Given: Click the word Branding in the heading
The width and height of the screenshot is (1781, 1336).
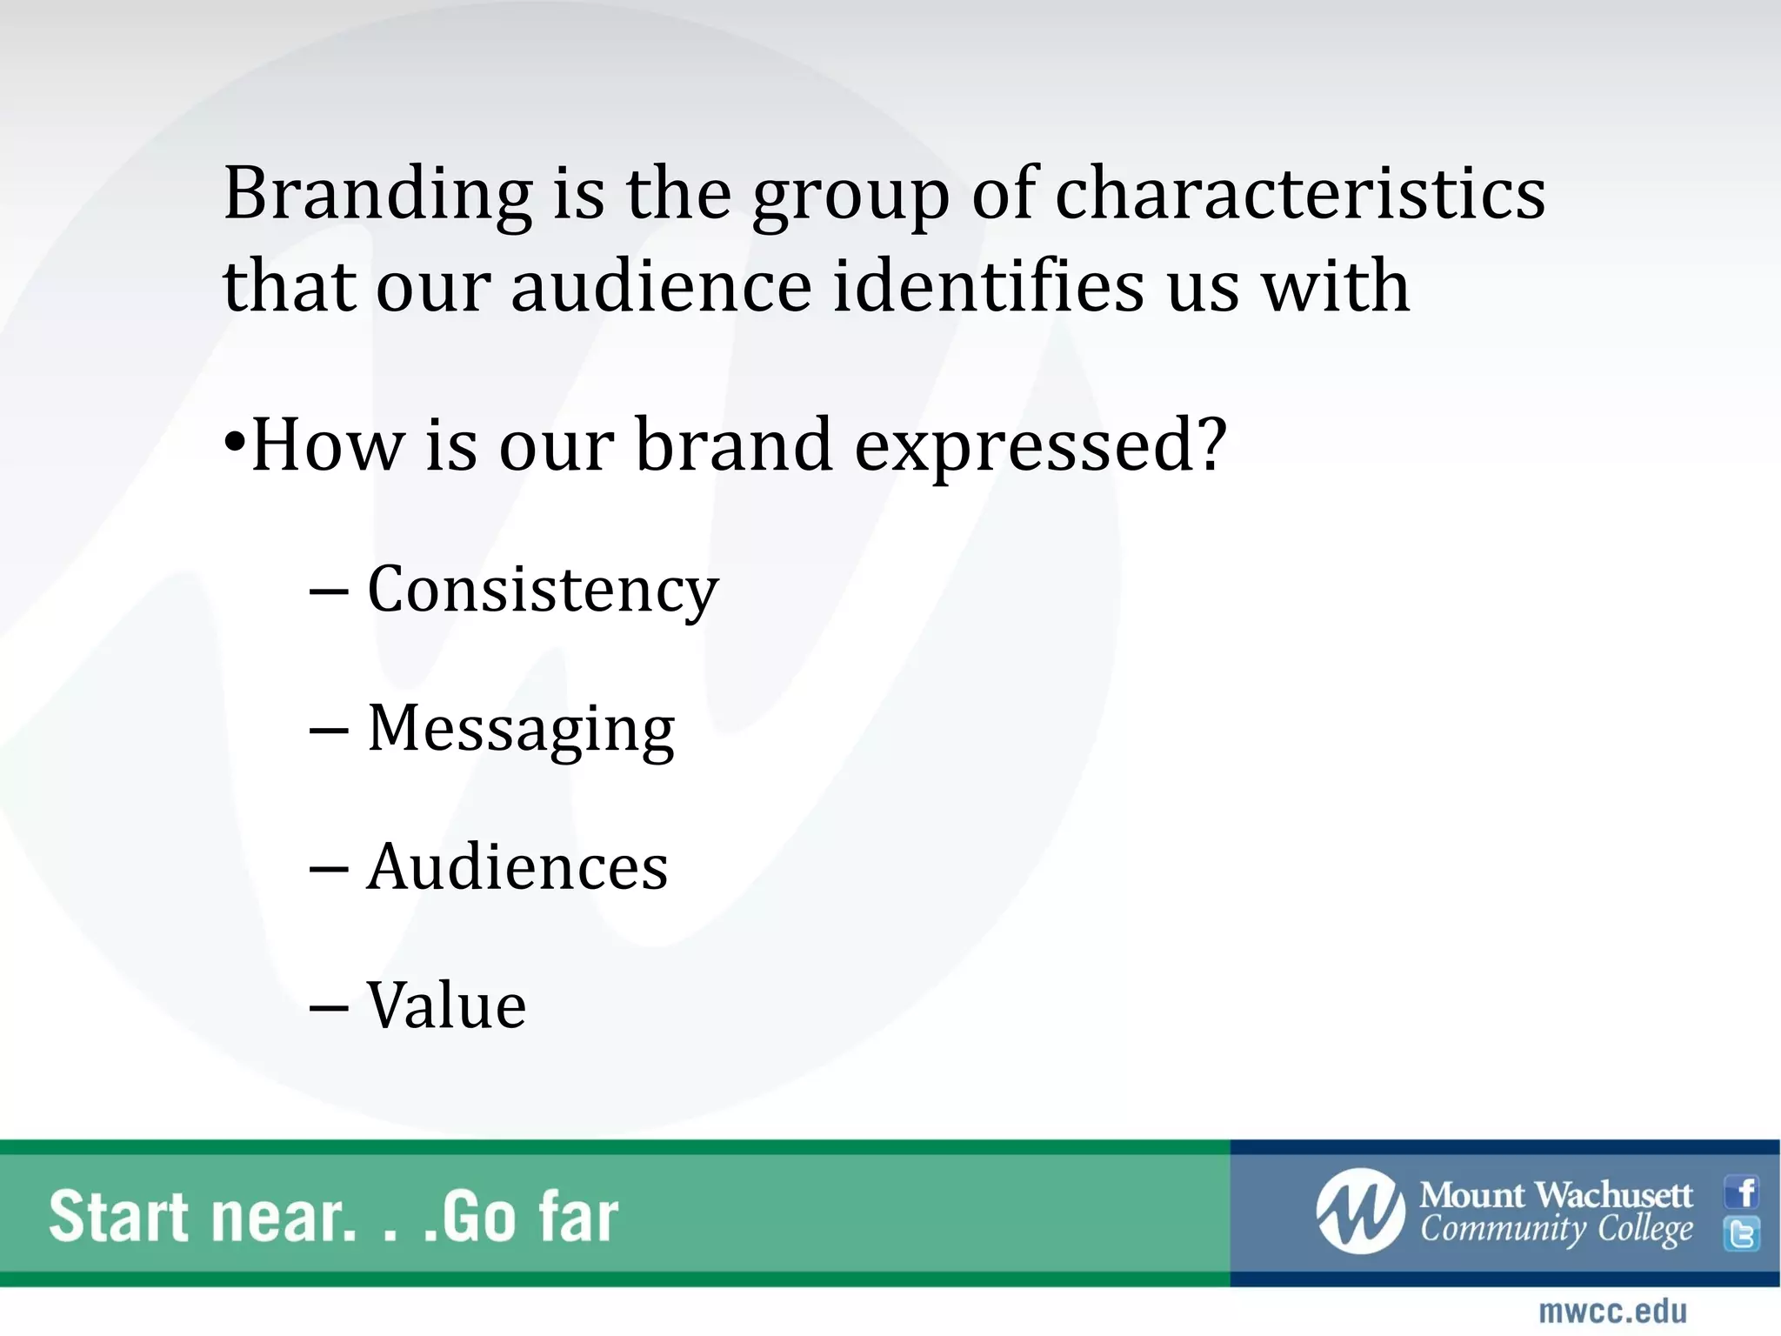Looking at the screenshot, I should [378, 193].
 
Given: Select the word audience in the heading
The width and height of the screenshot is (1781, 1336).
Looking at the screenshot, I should [661, 286].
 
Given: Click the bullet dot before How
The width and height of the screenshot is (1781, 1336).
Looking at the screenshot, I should [235, 441].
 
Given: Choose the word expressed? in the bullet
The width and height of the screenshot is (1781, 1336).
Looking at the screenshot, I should [1040, 445].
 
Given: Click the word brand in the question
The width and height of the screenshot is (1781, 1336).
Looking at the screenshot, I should [734, 445].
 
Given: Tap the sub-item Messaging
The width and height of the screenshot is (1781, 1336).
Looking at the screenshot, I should [521, 729].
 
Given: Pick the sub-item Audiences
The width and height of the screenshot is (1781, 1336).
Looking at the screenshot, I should [517, 867].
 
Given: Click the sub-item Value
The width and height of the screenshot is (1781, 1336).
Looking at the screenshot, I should [446, 1005].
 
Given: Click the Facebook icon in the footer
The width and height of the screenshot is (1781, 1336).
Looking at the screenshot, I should [1742, 1192].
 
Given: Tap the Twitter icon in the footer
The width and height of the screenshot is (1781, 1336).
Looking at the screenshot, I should [1742, 1233].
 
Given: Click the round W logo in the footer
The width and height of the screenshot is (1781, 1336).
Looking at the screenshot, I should [1360, 1211].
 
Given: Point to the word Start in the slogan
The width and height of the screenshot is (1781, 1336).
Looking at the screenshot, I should [118, 1216].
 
